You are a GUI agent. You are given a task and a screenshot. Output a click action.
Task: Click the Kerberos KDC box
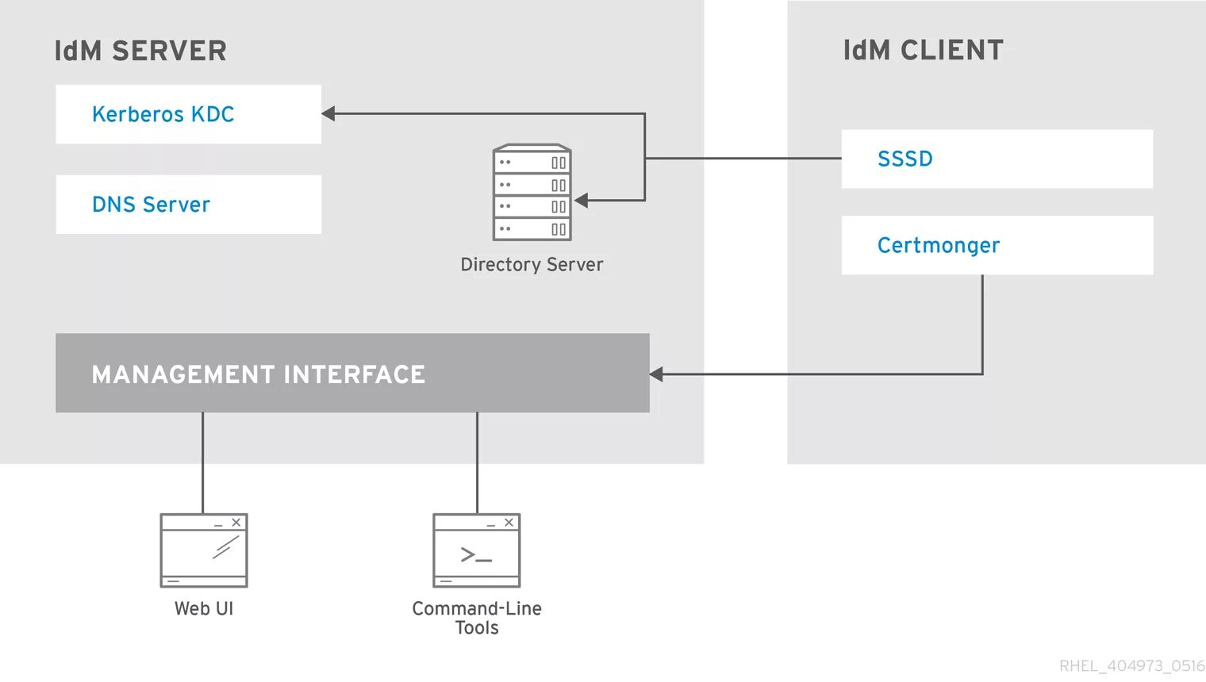pyautogui.click(x=189, y=114)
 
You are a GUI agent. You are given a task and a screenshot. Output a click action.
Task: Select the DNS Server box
pyautogui.click(x=189, y=205)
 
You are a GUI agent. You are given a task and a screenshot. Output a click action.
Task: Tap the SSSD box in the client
pyautogui.click(x=997, y=159)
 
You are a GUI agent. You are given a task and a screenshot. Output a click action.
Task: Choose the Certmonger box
pyautogui.click(x=997, y=246)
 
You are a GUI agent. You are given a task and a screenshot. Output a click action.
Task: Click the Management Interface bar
pyautogui.click(x=352, y=373)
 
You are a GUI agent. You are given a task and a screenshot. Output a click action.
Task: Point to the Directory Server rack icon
pyautogui.click(x=532, y=192)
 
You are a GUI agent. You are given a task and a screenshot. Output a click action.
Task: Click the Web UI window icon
pyautogui.click(x=204, y=550)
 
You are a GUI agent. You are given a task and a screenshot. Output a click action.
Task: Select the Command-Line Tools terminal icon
pyautogui.click(x=477, y=550)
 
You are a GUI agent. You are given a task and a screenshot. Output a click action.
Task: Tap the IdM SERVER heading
pyautogui.click(x=140, y=51)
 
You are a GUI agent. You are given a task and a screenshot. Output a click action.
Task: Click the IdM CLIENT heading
pyautogui.click(x=924, y=51)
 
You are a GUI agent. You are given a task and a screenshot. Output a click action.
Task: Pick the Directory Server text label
pyautogui.click(x=532, y=264)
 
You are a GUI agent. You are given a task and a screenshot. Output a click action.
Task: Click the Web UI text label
pyautogui.click(x=204, y=609)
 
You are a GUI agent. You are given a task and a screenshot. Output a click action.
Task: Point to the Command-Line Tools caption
pyautogui.click(x=477, y=618)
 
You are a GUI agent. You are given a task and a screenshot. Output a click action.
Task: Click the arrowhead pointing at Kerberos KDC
pyautogui.click(x=328, y=113)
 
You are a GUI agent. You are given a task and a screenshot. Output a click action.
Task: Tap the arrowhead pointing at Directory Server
pyautogui.click(x=581, y=201)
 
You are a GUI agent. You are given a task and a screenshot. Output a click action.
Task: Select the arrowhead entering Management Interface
pyautogui.click(x=656, y=374)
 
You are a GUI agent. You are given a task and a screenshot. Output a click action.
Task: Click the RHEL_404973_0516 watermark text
pyautogui.click(x=1132, y=666)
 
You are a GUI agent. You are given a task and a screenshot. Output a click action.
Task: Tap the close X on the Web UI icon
pyautogui.click(x=236, y=522)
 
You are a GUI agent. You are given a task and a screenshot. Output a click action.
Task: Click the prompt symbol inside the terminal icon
pyautogui.click(x=476, y=555)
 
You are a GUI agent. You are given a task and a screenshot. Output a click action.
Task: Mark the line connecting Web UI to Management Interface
pyautogui.click(x=203, y=463)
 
